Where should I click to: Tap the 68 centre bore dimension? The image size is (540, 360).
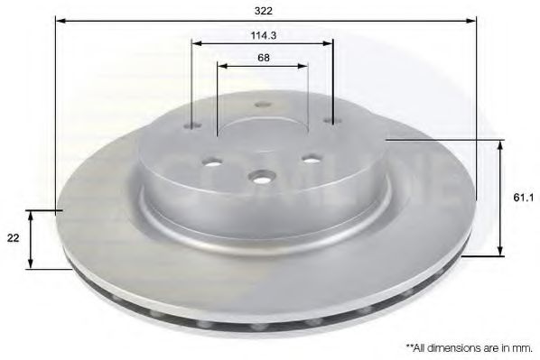tap(263, 57)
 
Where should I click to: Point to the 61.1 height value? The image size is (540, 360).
tap(519, 194)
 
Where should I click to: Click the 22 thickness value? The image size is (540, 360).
tap(13, 236)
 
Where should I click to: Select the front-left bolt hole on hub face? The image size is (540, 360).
tap(213, 162)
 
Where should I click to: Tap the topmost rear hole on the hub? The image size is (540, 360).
tap(263, 104)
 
